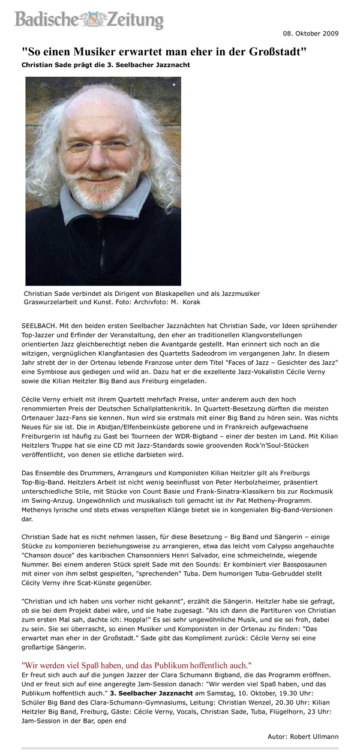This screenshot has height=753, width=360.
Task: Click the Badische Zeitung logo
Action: pyautogui.click(x=89, y=20)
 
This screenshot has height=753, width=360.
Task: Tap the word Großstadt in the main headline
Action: pyautogui.click(x=276, y=52)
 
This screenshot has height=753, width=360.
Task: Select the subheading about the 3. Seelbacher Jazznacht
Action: pyautogui.click(x=106, y=65)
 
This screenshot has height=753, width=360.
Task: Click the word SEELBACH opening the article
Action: pyautogui.click(x=39, y=325)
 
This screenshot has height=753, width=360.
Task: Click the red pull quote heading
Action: pyautogui.click(x=136, y=665)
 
